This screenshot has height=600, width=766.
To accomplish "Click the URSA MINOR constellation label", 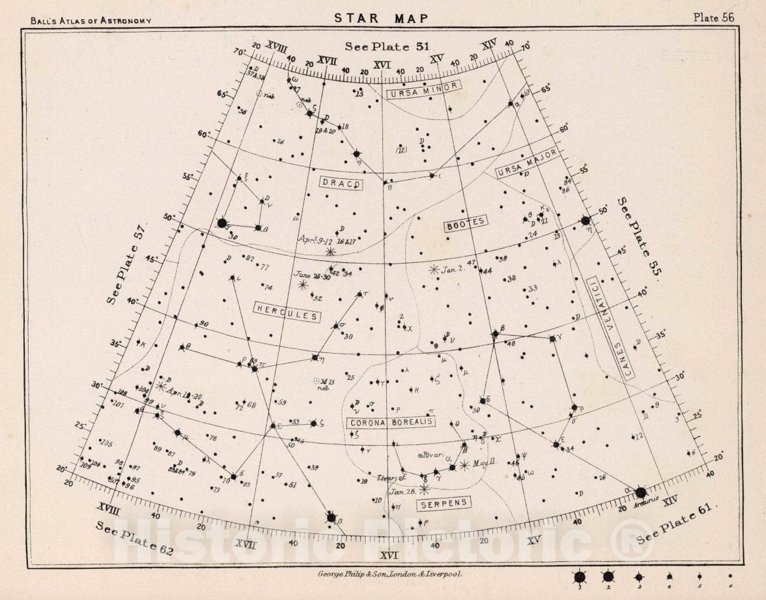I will click(x=423, y=90).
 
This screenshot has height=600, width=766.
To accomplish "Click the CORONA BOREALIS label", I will click(x=391, y=422).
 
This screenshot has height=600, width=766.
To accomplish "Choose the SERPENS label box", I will click(x=444, y=504).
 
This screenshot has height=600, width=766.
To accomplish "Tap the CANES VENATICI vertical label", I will click(x=610, y=329).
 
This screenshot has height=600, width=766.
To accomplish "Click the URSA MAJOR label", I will click(x=527, y=163).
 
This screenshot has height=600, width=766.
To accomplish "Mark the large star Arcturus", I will click(x=640, y=492).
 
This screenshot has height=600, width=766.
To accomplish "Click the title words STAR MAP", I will click(x=382, y=18).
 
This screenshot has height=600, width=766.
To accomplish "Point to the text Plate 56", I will click(x=714, y=17).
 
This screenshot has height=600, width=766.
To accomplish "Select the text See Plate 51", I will click(x=387, y=46).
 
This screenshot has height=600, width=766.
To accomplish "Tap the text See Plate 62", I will click(x=134, y=539).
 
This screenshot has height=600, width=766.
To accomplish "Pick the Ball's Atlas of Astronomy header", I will click(x=91, y=20).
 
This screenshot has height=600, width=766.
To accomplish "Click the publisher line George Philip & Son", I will click(x=386, y=574).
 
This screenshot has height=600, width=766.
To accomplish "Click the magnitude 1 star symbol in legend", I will click(x=580, y=577).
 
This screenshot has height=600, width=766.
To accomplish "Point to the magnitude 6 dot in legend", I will click(x=730, y=576).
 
